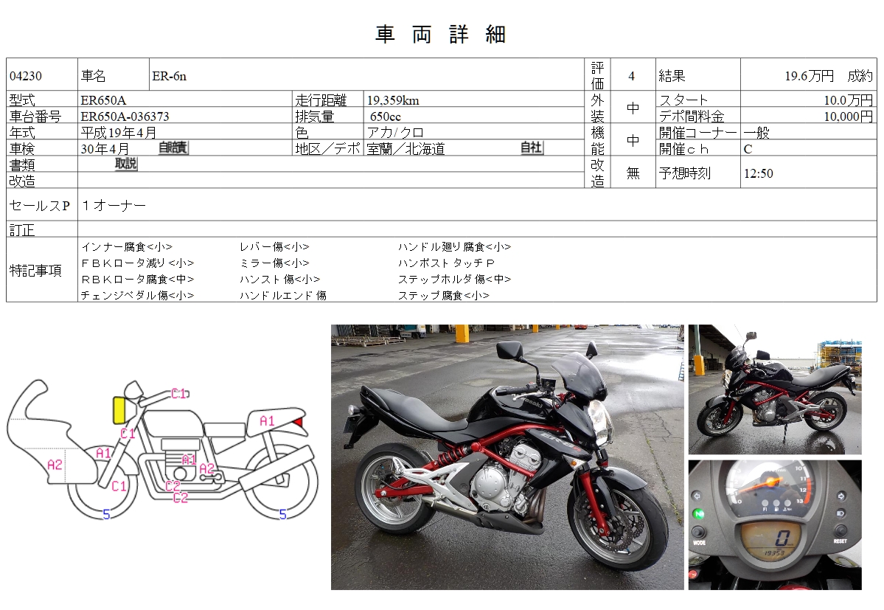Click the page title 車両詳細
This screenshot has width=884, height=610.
pyautogui.click(x=441, y=35)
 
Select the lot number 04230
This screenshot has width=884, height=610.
pyautogui.click(x=26, y=76)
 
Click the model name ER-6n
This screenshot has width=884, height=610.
pyautogui.click(x=169, y=76)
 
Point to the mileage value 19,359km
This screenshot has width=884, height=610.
pyautogui.click(x=393, y=100)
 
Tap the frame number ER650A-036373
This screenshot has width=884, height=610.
pyautogui.click(x=125, y=117)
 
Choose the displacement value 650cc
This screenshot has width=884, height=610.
pyautogui.click(x=386, y=117)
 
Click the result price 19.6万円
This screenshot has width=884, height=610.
pyautogui.click(x=809, y=76)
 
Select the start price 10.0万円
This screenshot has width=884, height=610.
pyautogui.click(x=848, y=100)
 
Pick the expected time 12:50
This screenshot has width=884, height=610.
pyautogui.click(x=758, y=173)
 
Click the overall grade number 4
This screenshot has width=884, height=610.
pyautogui.click(x=631, y=76)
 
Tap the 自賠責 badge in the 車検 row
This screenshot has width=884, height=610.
pyautogui.click(x=173, y=148)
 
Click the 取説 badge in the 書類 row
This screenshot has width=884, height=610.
pyautogui.click(x=126, y=164)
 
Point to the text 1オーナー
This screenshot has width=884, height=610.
pyautogui.click(x=114, y=205)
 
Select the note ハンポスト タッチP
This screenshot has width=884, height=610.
pyautogui.click(x=447, y=263)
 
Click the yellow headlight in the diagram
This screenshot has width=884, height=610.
pyautogui.click(x=119, y=410)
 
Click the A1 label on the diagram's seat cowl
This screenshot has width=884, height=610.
pyautogui.click(x=267, y=420)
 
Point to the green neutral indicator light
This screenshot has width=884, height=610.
pyautogui.click(x=698, y=514)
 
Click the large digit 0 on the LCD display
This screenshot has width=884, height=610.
pyautogui.click(x=782, y=537)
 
